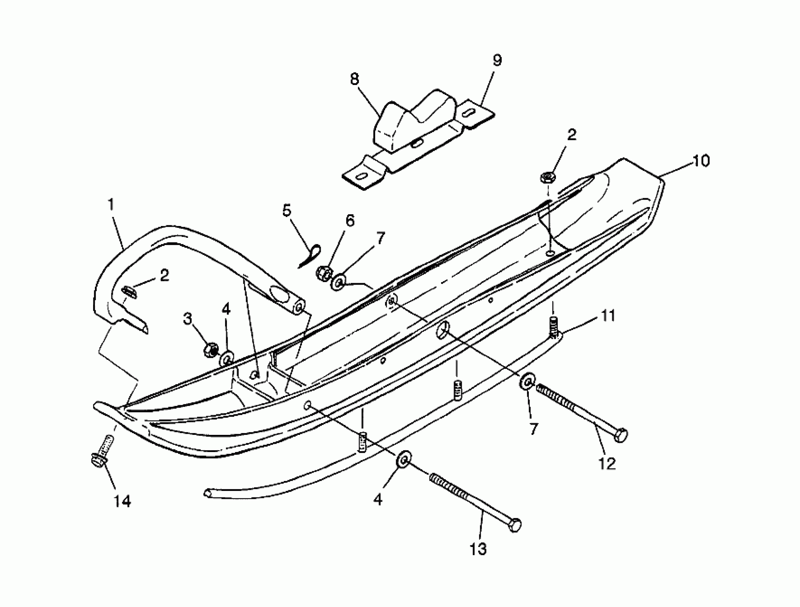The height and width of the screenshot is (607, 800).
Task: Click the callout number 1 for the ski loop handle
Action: click(x=111, y=205)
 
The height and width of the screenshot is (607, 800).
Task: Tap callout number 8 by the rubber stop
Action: click(x=355, y=79)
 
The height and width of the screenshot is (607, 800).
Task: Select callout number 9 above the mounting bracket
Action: click(x=497, y=60)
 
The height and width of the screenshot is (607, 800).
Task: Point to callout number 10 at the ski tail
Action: click(x=701, y=161)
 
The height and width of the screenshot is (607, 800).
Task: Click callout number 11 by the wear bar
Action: click(x=608, y=316)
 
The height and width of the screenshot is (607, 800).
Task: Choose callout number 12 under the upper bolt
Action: click(x=607, y=464)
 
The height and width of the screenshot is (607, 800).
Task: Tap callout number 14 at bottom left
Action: click(x=122, y=502)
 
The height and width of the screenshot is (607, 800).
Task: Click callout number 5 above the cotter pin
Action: click(x=287, y=210)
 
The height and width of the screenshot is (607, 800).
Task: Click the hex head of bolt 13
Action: click(x=515, y=525)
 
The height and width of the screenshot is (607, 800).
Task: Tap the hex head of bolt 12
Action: click(x=622, y=435)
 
